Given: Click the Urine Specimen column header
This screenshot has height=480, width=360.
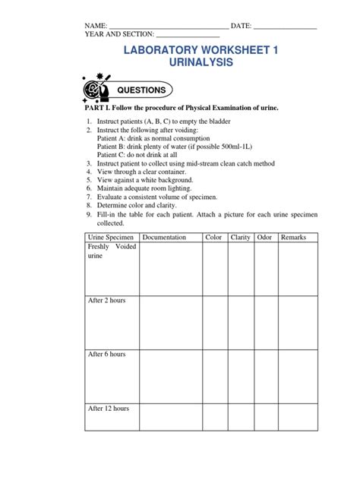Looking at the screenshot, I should point(111,237).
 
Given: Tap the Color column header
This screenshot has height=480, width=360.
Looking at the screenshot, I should point(213,237).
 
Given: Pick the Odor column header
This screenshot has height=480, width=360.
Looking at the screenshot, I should point(264,237).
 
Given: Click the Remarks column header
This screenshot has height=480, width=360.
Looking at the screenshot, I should point(293,237).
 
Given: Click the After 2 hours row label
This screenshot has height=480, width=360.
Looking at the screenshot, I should point(107,301).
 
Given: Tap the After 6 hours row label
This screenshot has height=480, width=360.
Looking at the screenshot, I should point(107,355).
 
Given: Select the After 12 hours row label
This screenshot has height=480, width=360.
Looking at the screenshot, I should point(109,409).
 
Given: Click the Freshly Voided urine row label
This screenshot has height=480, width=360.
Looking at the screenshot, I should point(110,251).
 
